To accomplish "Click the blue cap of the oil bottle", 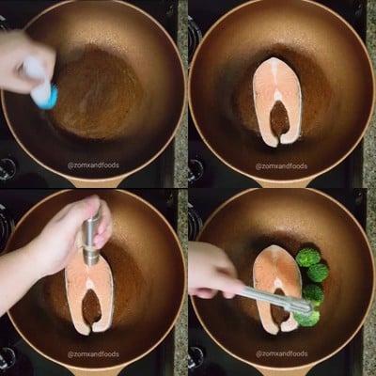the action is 49,97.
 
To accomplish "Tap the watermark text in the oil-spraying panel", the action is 93,165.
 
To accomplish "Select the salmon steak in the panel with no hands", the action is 277,102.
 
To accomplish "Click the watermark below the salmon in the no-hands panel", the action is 281,166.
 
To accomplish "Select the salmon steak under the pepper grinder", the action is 89,294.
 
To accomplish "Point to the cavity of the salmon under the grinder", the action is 91,306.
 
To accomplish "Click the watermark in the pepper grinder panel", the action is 93,354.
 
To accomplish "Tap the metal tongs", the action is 275,299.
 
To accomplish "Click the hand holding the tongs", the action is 213,271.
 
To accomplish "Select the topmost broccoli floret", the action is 308,258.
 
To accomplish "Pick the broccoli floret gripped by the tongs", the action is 307,317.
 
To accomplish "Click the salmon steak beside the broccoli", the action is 276,289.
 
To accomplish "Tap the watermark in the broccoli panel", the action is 281,354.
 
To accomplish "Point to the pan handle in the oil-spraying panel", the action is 94,182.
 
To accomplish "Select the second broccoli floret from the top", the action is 318,273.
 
